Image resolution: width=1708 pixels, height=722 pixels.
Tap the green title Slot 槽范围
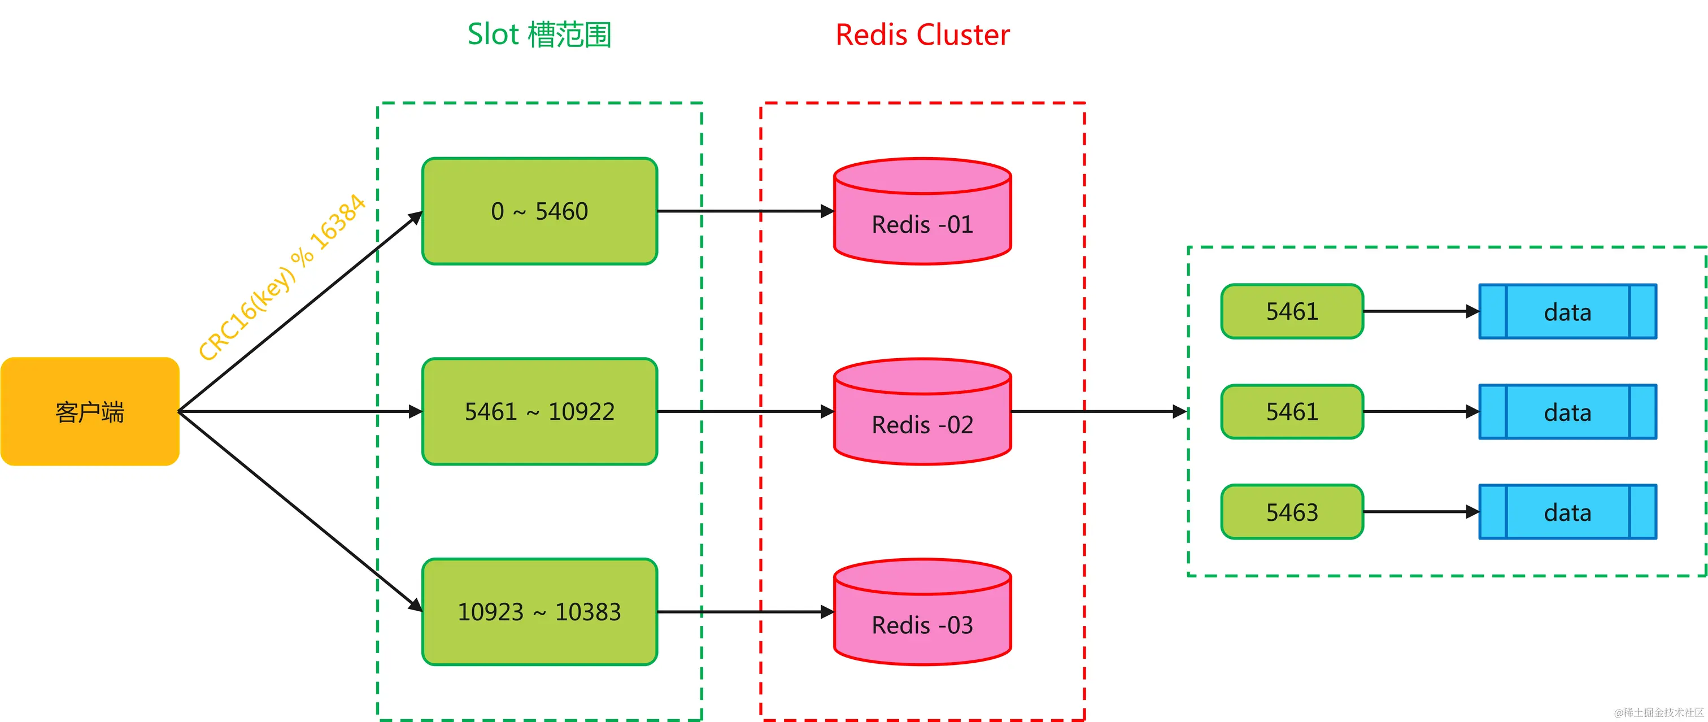tap(539, 34)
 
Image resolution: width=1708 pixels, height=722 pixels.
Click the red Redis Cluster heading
tap(922, 34)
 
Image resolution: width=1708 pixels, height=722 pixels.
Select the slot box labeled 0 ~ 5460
tap(539, 211)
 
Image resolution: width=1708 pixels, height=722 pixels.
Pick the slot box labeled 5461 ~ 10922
tap(539, 412)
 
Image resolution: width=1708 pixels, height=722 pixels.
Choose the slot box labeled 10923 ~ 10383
tap(539, 612)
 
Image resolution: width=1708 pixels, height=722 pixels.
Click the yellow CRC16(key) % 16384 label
tap(282, 277)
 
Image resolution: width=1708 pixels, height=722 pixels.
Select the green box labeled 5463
tap(1292, 512)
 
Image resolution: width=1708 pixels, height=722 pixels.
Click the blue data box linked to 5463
tap(1567, 512)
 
